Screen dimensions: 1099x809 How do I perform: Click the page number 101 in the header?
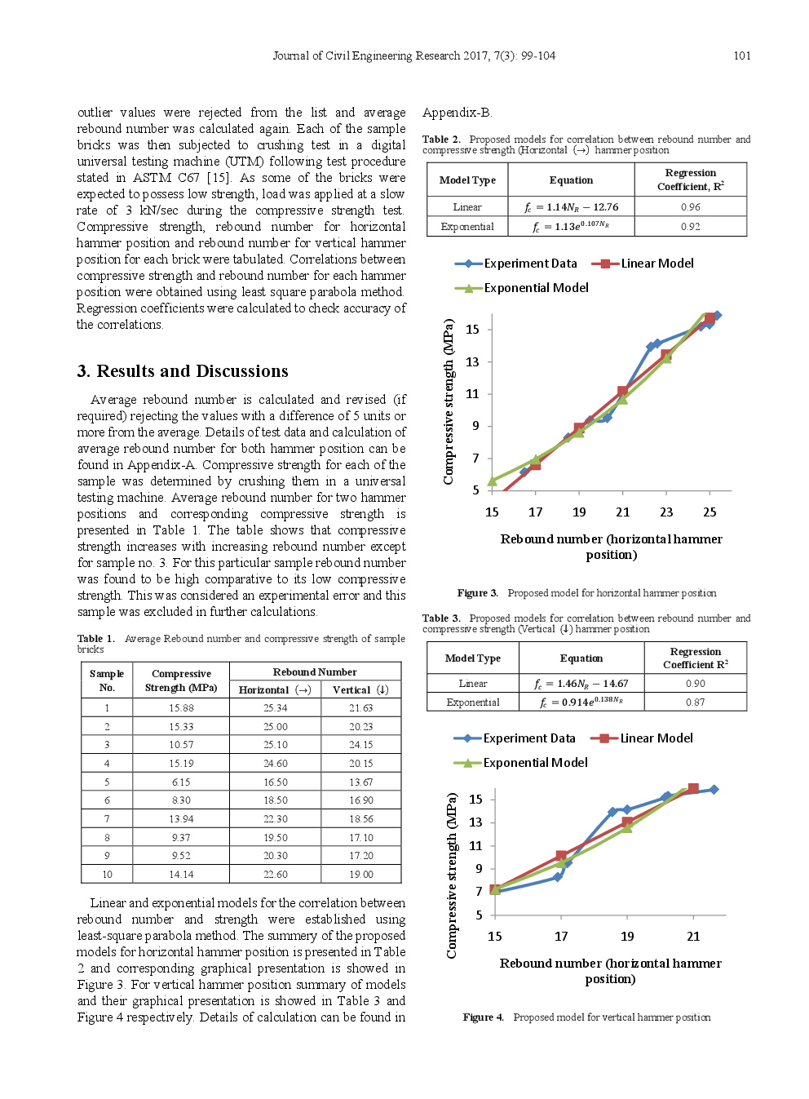(x=741, y=55)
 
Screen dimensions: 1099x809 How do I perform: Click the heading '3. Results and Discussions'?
(x=183, y=371)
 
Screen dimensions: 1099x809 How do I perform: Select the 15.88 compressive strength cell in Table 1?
(x=181, y=708)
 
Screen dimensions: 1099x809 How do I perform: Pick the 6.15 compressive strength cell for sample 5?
(x=181, y=782)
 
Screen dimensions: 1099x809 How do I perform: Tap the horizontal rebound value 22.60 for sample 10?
(x=275, y=874)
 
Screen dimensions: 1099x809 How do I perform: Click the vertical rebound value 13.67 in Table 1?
(x=360, y=782)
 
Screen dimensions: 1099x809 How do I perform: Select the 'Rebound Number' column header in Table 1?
(x=315, y=671)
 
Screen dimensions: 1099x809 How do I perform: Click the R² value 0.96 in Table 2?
(x=690, y=207)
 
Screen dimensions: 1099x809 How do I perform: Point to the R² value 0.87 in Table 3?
(x=695, y=702)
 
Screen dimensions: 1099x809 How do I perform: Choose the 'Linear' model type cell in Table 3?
(x=473, y=684)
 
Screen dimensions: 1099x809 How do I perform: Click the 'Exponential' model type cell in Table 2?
(x=467, y=227)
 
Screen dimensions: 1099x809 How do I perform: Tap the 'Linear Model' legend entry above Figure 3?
(x=656, y=264)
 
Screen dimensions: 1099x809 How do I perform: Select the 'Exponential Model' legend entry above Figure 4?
(x=535, y=763)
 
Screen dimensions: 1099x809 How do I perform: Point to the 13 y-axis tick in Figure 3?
(x=472, y=361)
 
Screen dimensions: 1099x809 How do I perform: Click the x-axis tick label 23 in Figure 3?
(x=666, y=512)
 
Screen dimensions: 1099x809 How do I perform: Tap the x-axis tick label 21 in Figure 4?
(x=693, y=937)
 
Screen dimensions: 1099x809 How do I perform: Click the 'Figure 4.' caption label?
(x=483, y=1017)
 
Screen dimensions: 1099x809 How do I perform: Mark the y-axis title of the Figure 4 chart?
(x=451, y=875)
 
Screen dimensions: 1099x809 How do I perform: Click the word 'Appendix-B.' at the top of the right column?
(x=457, y=113)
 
